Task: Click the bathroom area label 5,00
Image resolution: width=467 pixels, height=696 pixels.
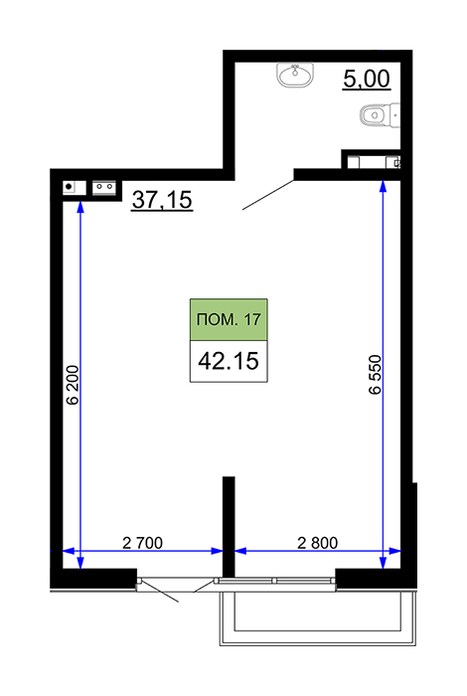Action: pyautogui.click(x=367, y=79)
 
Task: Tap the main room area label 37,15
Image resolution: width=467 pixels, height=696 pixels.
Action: pyautogui.click(x=162, y=199)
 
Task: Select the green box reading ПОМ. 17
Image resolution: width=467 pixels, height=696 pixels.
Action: pyautogui.click(x=229, y=319)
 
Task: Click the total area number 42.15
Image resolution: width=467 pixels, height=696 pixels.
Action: pyautogui.click(x=229, y=361)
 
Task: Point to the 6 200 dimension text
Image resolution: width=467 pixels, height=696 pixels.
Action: pyautogui.click(x=73, y=385)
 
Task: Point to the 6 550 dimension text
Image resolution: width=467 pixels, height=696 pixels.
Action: pyautogui.click(x=375, y=374)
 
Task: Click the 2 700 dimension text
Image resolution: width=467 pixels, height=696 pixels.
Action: pyautogui.click(x=142, y=543)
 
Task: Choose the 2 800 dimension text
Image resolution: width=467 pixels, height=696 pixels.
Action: pyautogui.click(x=318, y=543)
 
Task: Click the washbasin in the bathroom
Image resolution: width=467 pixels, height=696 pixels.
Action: pyautogui.click(x=295, y=75)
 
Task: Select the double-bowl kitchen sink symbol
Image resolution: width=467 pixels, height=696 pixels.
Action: pyautogui.click(x=104, y=188)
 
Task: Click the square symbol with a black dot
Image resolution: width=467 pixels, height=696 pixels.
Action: pyautogui.click(x=75, y=187)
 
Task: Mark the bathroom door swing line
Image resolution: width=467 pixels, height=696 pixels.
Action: pyautogui.click(x=268, y=195)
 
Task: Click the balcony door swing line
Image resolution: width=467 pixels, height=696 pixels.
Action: pyautogui.click(x=159, y=591)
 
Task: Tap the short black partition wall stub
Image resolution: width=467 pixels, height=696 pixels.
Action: pyautogui.click(x=229, y=527)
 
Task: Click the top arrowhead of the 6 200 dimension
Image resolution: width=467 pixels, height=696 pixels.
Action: pyautogui.click(x=80, y=207)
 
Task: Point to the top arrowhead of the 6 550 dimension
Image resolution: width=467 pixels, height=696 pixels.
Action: pyautogui.click(x=384, y=186)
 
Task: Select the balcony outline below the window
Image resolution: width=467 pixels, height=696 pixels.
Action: pyautogui.click(x=318, y=617)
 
